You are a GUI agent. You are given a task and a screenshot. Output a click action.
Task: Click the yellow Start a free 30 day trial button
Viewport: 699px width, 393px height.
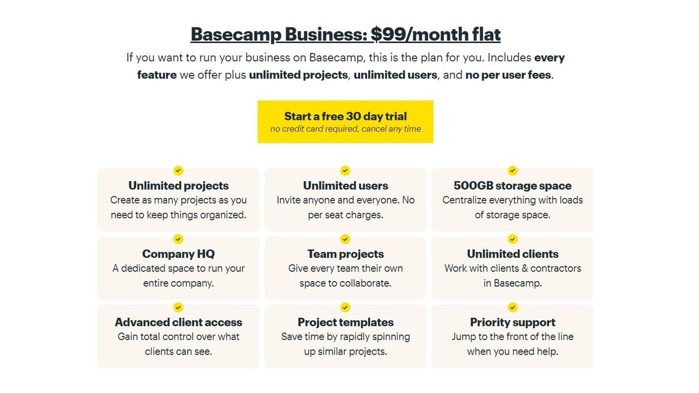[345, 122]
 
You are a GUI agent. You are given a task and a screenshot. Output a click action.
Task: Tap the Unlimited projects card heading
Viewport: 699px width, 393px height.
[178, 186]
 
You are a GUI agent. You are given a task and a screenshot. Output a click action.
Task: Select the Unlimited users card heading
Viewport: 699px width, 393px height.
[345, 186]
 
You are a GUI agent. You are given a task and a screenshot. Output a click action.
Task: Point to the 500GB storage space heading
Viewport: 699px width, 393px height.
[513, 186]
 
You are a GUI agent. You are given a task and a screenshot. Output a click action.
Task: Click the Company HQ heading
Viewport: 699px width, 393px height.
[178, 254]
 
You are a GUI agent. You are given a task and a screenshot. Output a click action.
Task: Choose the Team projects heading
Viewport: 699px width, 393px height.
[345, 254]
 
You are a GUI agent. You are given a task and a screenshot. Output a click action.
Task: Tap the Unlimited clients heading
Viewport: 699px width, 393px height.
[513, 254]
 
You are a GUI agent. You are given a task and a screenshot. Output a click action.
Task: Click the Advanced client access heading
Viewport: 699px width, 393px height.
[178, 322]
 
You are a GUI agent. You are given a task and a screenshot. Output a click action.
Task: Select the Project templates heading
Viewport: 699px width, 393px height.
[345, 322]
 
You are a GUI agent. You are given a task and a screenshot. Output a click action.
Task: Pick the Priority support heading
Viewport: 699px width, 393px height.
[513, 322]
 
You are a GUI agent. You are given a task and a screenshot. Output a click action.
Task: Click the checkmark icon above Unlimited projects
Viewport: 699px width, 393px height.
[178, 171]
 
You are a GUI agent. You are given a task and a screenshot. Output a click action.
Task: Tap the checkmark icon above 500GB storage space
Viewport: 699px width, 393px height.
[513, 171]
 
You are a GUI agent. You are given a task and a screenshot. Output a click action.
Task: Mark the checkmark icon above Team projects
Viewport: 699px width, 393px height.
[345, 239]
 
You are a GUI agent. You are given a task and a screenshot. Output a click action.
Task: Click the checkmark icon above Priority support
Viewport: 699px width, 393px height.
[513, 307]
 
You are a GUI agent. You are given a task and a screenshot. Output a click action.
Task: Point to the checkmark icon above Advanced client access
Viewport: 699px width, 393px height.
[178, 307]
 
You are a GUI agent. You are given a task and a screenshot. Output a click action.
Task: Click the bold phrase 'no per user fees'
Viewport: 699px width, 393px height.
[508, 75]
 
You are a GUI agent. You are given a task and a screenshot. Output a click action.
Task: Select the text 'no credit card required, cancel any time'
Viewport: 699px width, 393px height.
[345, 129]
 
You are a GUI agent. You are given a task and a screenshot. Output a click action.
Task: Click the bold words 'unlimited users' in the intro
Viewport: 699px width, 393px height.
[395, 75]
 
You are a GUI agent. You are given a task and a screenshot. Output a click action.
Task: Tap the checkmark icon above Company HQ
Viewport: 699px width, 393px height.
[178, 239]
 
